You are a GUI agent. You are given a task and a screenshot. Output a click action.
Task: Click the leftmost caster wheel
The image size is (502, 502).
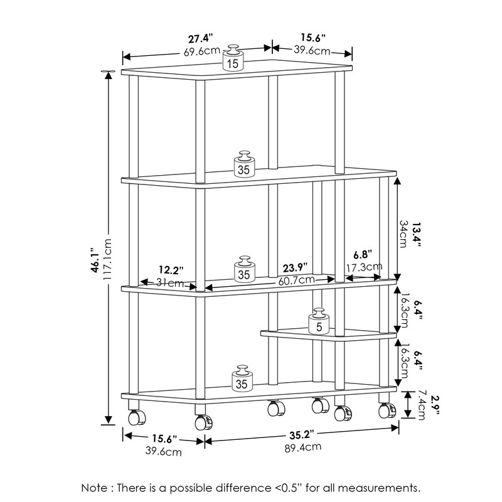click(134, 416)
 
